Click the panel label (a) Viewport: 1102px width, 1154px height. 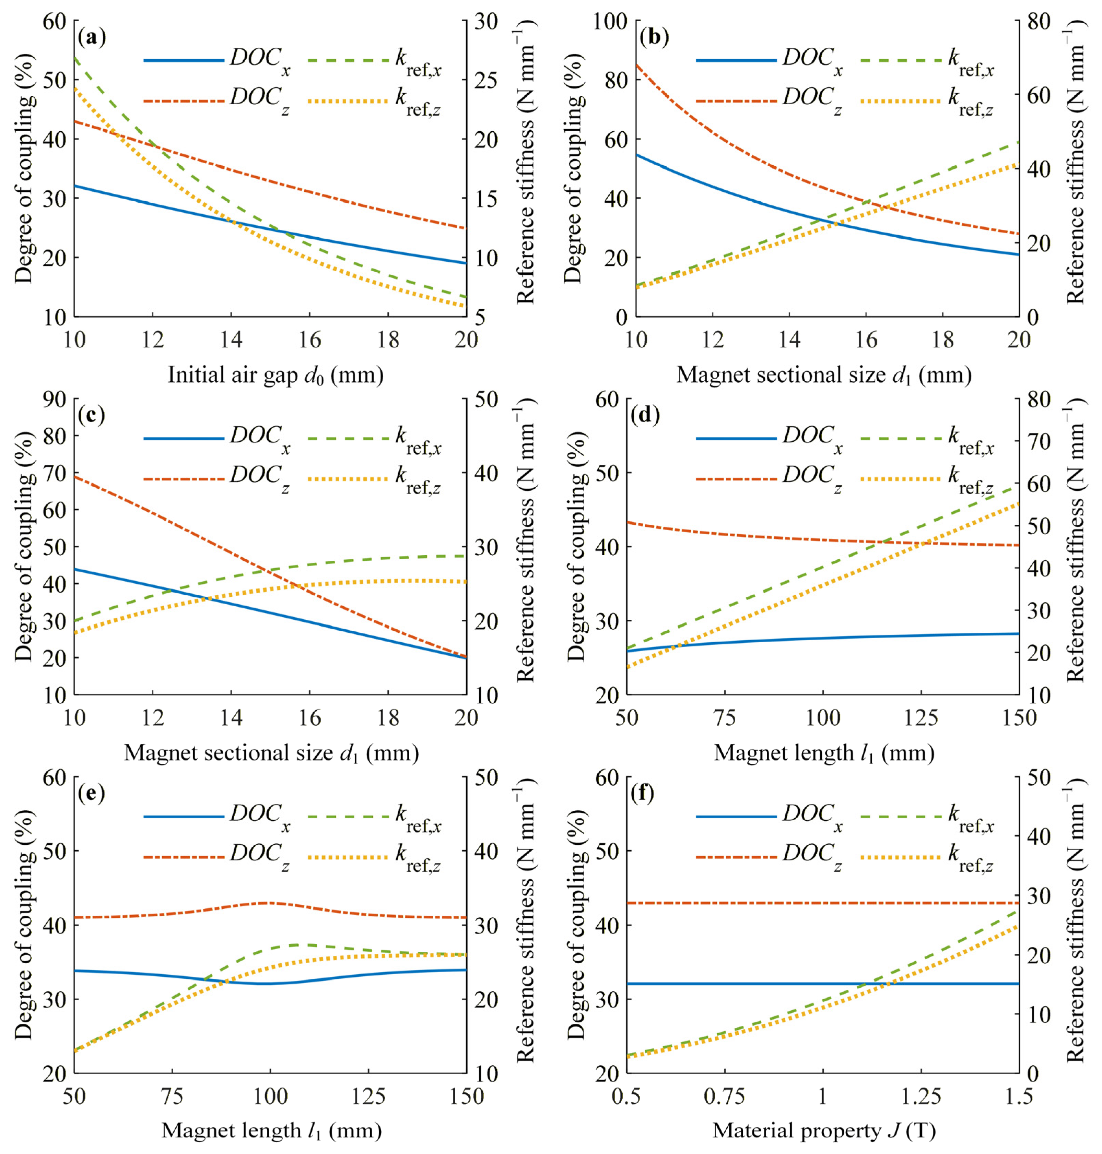pyautogui.click(x=92, y=39)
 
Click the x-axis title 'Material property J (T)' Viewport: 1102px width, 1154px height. pyautogui.click(x=823, y=1131)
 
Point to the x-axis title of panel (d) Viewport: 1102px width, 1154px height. pyautogui.click(x=823, y=753)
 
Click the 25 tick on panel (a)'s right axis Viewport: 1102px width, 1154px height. pyautogui.click(x=485, y=81)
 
